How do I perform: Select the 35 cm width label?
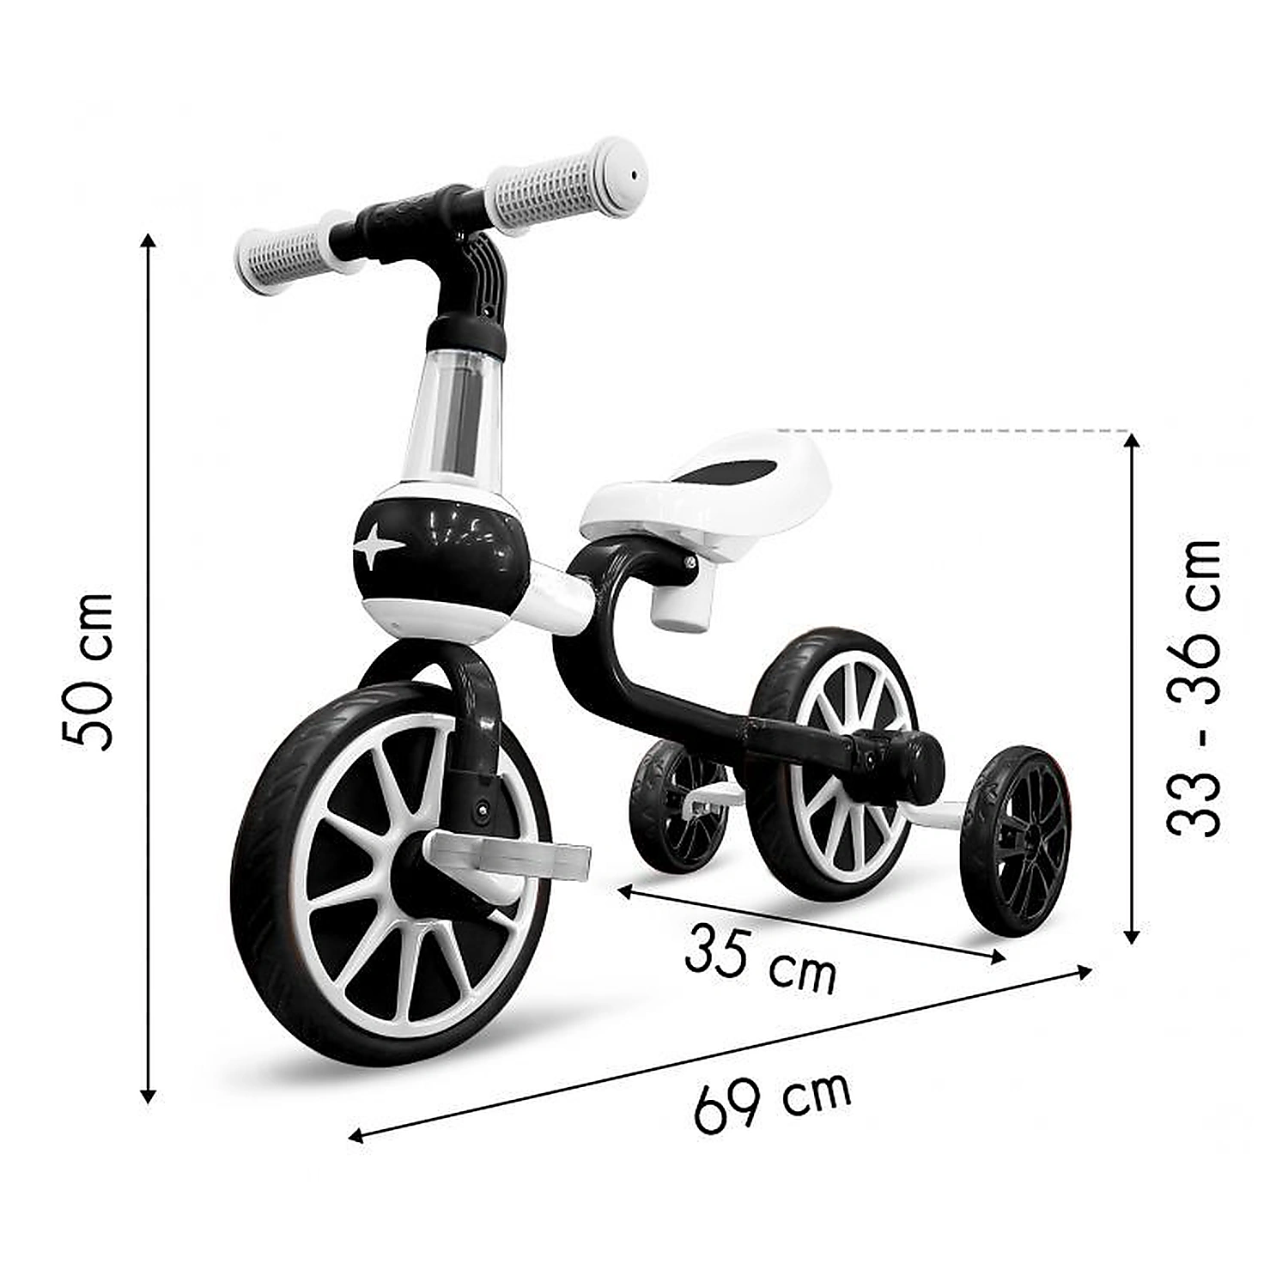760,960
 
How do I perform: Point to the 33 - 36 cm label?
1194,687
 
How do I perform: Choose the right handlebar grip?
567,185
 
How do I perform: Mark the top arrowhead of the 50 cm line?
149,240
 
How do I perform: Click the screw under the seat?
690,562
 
